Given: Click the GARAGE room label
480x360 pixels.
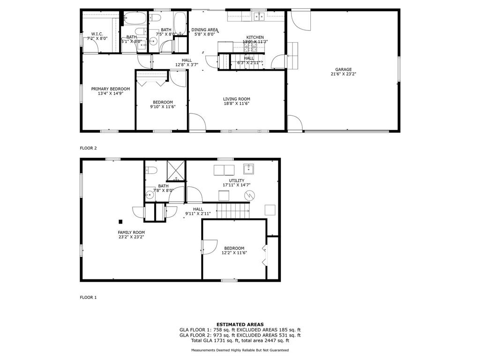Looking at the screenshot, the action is coord(343,69).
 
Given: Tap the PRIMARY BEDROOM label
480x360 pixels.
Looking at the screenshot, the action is coord(111,89).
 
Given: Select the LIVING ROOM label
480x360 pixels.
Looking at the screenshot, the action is coord(236,99).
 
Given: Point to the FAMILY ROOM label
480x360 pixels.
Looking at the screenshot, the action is coord(131,232).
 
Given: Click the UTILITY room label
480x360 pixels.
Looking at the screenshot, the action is coord(237,180).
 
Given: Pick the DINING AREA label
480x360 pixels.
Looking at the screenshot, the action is coord(205,30).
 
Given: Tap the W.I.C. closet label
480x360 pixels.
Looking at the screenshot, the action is coord(97,34).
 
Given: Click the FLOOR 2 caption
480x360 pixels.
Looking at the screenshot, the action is coord(88,148).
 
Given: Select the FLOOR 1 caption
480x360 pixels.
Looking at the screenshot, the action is coord(88,297).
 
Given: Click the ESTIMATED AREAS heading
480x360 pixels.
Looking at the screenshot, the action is coord(240,324).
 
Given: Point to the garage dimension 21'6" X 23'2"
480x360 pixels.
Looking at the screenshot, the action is coord(343,74).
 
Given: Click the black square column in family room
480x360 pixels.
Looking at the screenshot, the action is coord(120,222).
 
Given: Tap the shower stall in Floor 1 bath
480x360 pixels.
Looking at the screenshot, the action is coord(176,171).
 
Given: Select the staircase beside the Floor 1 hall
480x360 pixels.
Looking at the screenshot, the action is coord(233,210).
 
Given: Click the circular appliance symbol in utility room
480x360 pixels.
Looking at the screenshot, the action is coord(249,195).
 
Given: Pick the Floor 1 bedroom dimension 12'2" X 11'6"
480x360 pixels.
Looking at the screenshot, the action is coord(234,253).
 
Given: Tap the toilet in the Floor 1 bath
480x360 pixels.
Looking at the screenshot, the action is coord(151,170).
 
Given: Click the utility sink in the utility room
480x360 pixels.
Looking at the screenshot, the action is coord(248,169).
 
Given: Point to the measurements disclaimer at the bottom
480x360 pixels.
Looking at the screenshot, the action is coord(240,350).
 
